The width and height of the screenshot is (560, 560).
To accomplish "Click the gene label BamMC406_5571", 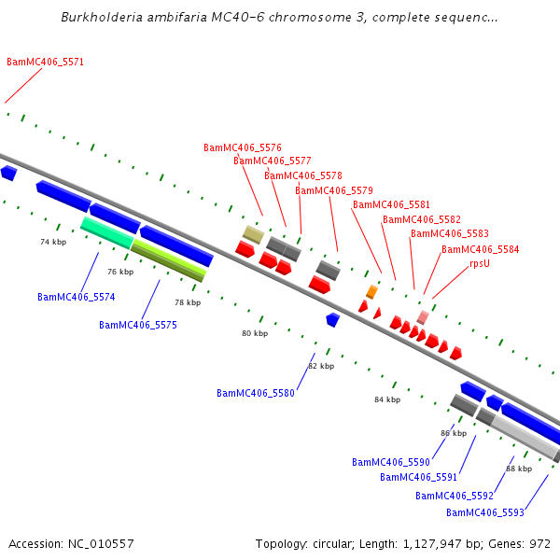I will pos(46,63).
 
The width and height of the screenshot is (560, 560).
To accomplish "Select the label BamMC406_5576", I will pos(243,147).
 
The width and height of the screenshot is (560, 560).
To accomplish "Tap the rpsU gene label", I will pos(480,263).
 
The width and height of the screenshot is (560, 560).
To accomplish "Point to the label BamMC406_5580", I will pos(256,394).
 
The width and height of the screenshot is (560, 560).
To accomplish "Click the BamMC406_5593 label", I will pos(485,513).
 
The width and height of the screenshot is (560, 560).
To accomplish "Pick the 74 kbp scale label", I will pos(53,242).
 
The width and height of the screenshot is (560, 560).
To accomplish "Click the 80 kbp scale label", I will pos(255,333).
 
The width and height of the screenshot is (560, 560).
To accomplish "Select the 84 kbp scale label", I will pos(387,399).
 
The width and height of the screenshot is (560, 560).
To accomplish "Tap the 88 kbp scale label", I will pos(519,469).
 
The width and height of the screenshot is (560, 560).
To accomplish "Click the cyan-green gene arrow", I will pos(106,231).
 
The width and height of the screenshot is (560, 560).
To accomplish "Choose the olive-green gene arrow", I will pos(168,259).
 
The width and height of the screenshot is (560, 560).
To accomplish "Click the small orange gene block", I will pos(371,292).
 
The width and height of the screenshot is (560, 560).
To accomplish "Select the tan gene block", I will pos(253,233).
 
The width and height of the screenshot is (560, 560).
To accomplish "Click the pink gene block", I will pos(423,317).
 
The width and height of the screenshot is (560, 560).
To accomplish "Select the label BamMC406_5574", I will pos(77,298).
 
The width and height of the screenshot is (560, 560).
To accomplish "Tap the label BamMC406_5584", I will pos(481,250).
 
